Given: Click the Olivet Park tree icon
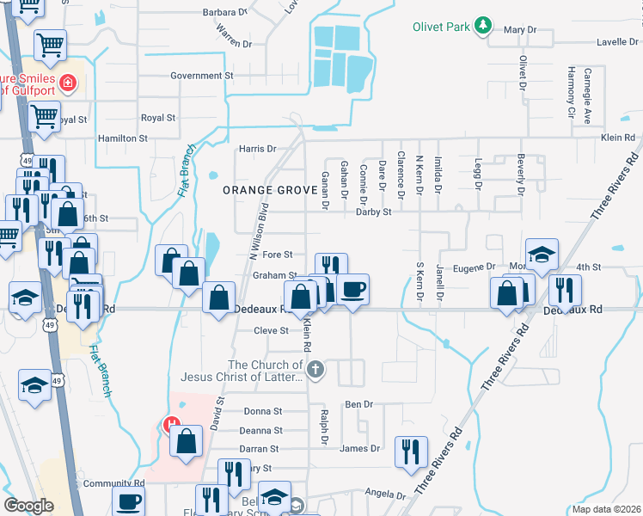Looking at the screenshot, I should pos(484,26).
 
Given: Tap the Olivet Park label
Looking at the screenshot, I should pos(441,27).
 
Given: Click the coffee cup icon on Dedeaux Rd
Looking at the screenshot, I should pos(352,289).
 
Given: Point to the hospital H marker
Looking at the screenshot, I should pos(171,424).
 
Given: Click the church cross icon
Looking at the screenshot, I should pos(315,370).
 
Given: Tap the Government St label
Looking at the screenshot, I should pos(202,76).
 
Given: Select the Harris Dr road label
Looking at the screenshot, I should pos(258,149).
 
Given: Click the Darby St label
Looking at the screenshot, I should pos(374,212).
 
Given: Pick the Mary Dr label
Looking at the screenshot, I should pos(520,30).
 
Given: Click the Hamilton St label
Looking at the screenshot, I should pos(123,138).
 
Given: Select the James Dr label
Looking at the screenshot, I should pos(359,448).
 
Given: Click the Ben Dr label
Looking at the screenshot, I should pos(358,404).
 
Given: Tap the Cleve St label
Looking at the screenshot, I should pos(271,330).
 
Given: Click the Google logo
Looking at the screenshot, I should pos(29,506).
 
